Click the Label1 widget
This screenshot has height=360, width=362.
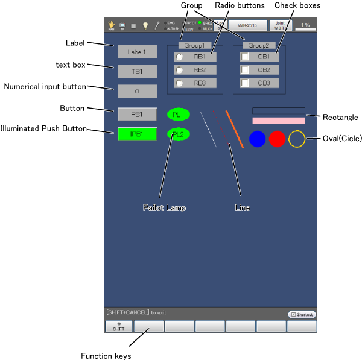[137, 52]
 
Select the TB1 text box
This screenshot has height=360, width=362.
[137, 71]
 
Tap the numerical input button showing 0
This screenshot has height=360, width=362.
[137, 91]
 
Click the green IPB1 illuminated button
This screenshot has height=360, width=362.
[137, 134]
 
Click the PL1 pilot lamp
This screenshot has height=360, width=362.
[178, 114]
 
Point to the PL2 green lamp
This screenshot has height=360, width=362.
[178, 134]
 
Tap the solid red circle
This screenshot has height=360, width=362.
[277, 139]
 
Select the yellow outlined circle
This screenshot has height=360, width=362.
[297, 139]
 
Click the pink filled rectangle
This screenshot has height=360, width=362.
[279, 121]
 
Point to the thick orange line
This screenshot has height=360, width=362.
[234, 128]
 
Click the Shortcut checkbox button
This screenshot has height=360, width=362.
[302, 314]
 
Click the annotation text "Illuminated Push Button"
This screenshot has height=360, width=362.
[43, 128]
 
